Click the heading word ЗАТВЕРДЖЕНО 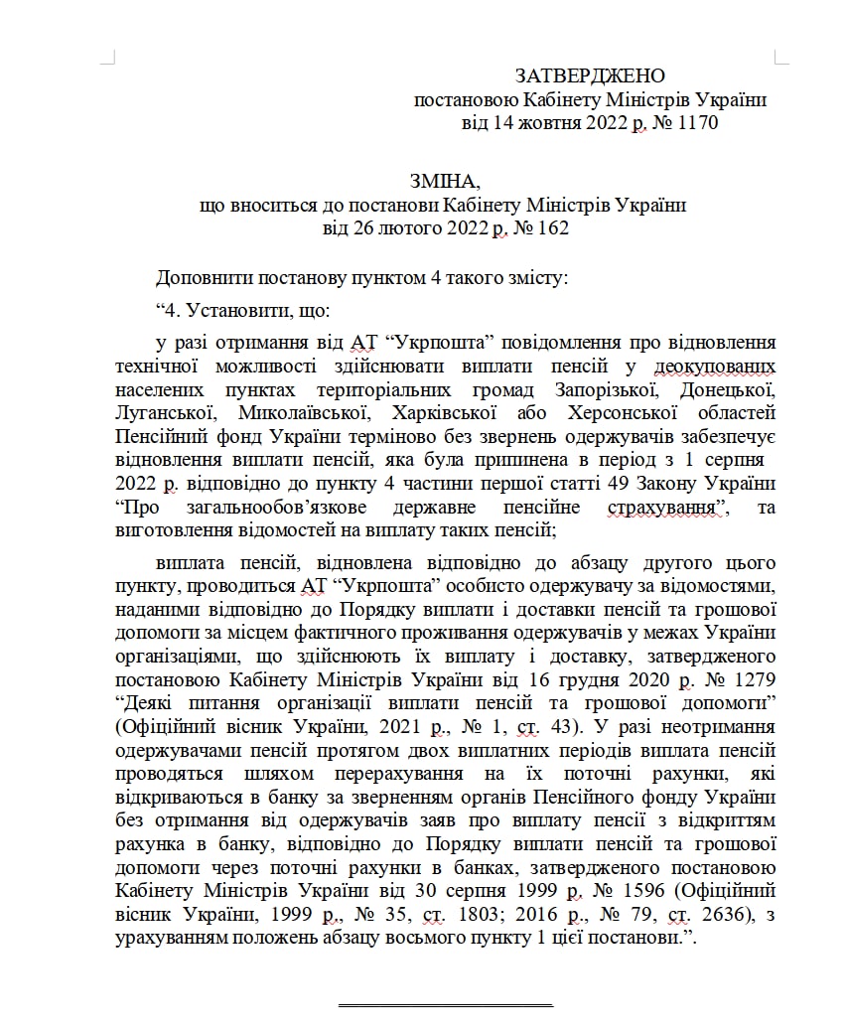coord(590,76)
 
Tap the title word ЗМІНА coord(444,182)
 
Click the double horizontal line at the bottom coord(444,1005)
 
